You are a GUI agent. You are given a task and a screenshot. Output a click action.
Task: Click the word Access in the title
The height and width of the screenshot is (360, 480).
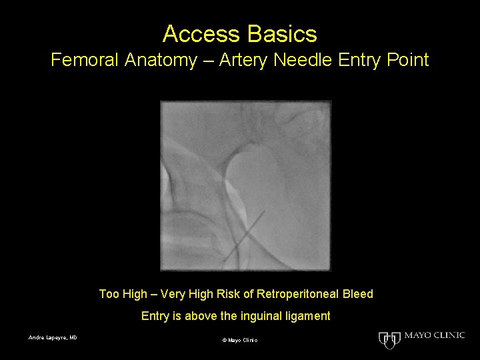click(x=197, y=33)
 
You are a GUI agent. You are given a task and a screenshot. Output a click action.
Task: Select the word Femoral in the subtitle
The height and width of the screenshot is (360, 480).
click(x=87, y=61)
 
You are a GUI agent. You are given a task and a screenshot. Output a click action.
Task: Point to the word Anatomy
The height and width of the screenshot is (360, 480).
click(x=161, y=61)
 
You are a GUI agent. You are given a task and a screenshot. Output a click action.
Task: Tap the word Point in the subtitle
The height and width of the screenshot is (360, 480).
click(x=407, y=61)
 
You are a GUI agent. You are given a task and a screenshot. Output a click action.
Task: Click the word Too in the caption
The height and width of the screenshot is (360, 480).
click(x=110, y=294)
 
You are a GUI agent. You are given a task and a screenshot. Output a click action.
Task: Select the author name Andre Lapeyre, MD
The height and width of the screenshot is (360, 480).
click(x=53, y=337)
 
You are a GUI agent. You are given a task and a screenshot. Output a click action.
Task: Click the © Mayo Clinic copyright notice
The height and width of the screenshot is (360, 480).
click(x=239, y=341)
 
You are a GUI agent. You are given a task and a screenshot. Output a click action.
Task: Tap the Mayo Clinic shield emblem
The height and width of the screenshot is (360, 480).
click(x=388, y=339)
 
